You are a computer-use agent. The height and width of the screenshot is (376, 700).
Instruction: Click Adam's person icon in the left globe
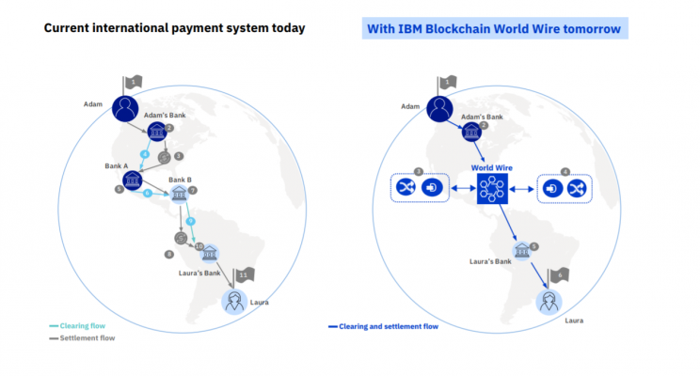(x=125, y=109)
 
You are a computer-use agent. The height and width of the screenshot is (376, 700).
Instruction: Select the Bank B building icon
(x=177, y=194)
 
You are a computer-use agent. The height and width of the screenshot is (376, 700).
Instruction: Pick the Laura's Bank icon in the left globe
(x=209, y=253)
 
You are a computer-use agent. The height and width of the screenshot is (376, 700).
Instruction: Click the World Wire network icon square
(x=491, y=189)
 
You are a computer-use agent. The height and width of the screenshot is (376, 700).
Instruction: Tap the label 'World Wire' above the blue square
(x=492, y=167)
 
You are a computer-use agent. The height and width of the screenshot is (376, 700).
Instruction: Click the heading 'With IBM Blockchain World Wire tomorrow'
(x=496, y=28)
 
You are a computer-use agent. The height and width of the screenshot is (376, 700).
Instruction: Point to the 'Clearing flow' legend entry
(x=79, y=325)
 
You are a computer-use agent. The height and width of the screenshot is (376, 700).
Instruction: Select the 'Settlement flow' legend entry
(x=84, y=337)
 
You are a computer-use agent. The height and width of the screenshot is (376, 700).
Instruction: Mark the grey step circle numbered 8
(x=169, y=254)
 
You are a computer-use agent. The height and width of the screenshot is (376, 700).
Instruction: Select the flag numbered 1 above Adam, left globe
(x=135, y=83)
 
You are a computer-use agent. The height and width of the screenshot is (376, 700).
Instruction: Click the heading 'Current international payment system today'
(x=175, y=28)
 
